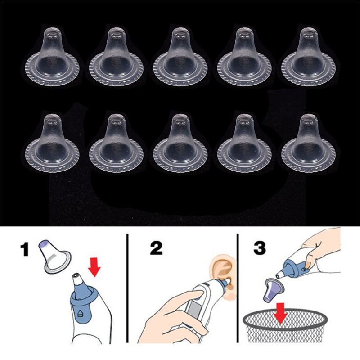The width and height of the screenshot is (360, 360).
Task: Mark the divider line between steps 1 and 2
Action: (x=128, y=292)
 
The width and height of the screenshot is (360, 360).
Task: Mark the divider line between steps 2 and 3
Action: (x=237, y=292)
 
